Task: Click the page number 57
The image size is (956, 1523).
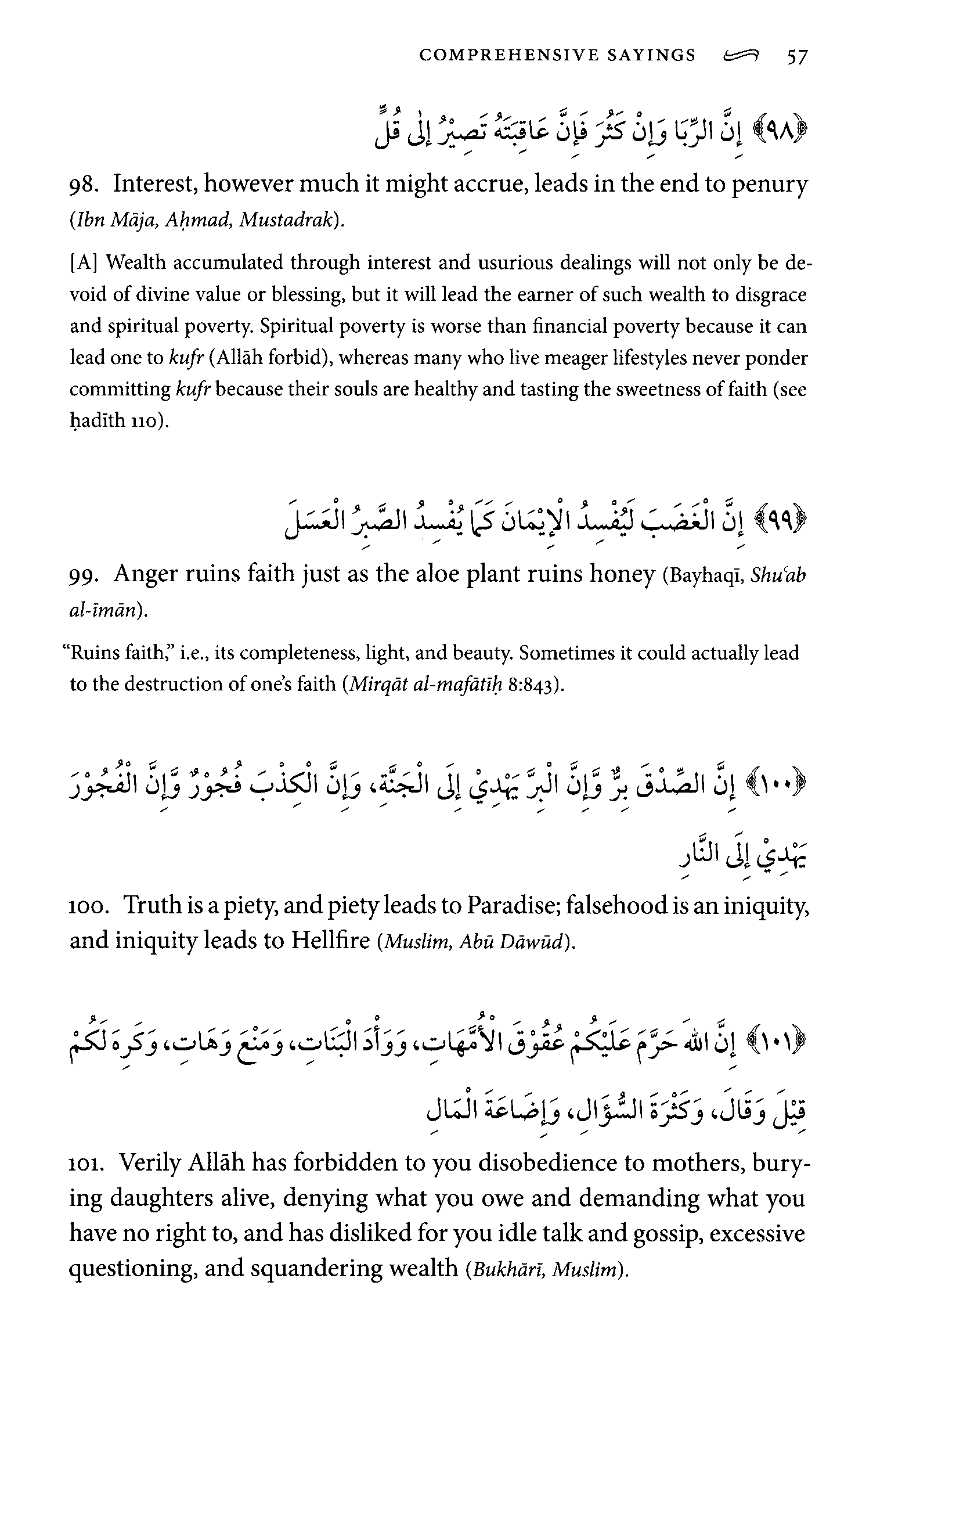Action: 796,57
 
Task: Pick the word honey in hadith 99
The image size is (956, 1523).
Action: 622,574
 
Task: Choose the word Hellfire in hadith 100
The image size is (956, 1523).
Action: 330,941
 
